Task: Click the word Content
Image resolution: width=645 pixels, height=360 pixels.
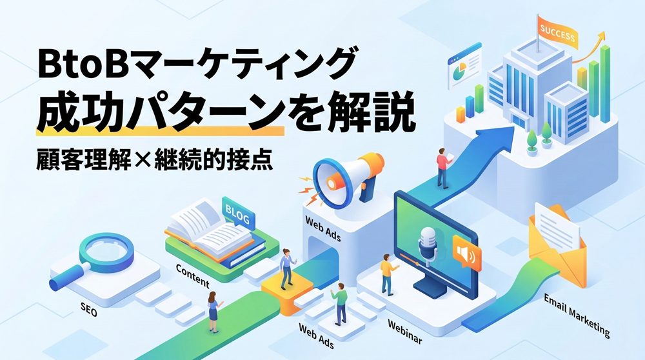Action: [192, 275]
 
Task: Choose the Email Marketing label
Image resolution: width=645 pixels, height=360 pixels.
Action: [576, 315]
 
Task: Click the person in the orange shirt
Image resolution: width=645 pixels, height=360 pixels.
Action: [386, 271]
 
